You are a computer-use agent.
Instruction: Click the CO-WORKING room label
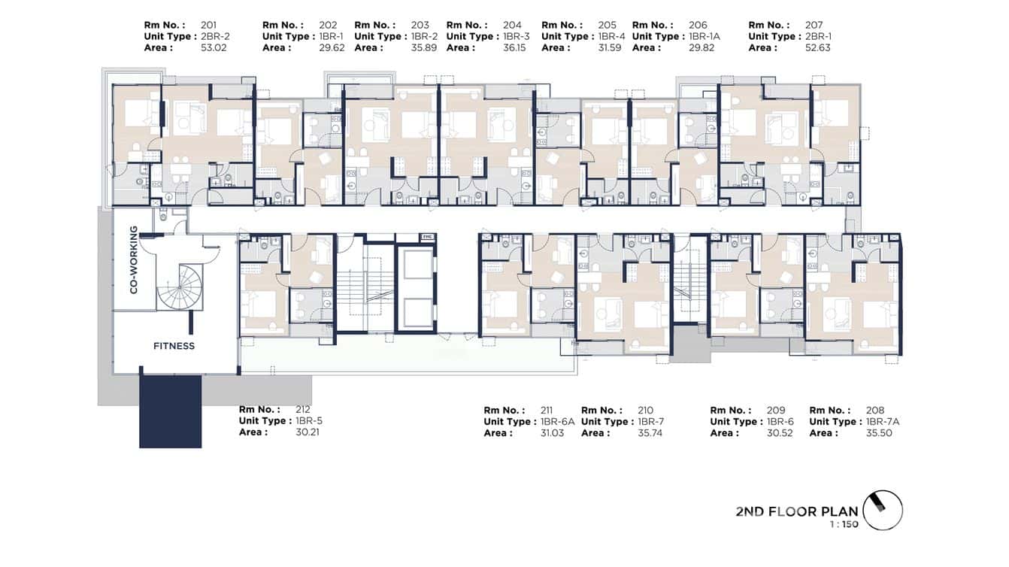[134, 259]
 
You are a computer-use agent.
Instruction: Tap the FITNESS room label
[174, 346]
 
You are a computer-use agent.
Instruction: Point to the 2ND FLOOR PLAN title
[796, 511]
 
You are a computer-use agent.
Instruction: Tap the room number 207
[814, 25]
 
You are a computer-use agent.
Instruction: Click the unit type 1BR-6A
[557, 422]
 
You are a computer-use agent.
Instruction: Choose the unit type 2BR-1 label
[818, 36]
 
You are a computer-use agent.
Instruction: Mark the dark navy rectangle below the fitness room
[170, 411]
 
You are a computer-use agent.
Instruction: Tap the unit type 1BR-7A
[883, 422]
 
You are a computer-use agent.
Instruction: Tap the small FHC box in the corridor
[426, 237]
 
